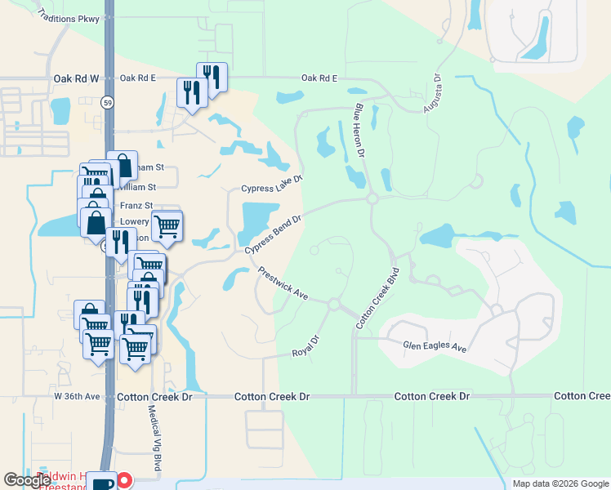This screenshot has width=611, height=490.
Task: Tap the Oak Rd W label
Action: click(x=76, y=78)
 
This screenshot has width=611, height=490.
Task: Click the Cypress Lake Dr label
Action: click(x=272, y=184)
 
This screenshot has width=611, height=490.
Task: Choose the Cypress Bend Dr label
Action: click(x=273, y=234)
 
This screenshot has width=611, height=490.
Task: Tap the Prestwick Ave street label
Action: click(x=283, y=283)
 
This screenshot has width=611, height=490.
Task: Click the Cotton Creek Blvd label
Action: click(x=378, y=297)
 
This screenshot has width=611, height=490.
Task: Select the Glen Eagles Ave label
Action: click(x=435, y=347)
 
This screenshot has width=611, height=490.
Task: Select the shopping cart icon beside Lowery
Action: click(x=167, y=225)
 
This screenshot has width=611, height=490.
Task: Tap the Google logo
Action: click(x=27, y=480)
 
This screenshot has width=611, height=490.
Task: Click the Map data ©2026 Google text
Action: click(x=560, y=483)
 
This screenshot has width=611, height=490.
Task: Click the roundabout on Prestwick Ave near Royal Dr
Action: click(x=333, y=305)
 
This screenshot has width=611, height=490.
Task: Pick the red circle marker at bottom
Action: click(x=125, y=480)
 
